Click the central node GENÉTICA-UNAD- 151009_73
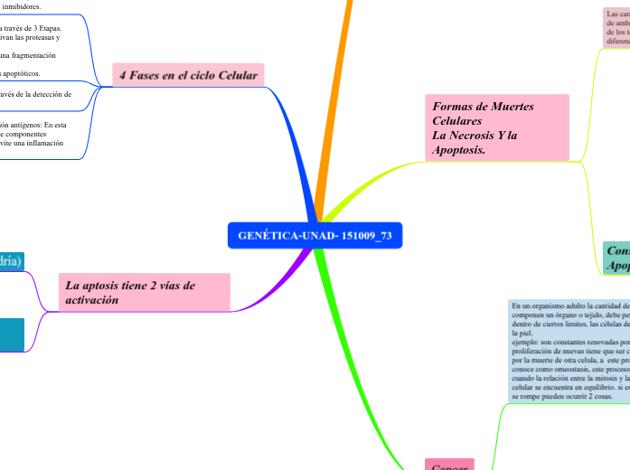(315, 236)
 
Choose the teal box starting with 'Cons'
(617, 258)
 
